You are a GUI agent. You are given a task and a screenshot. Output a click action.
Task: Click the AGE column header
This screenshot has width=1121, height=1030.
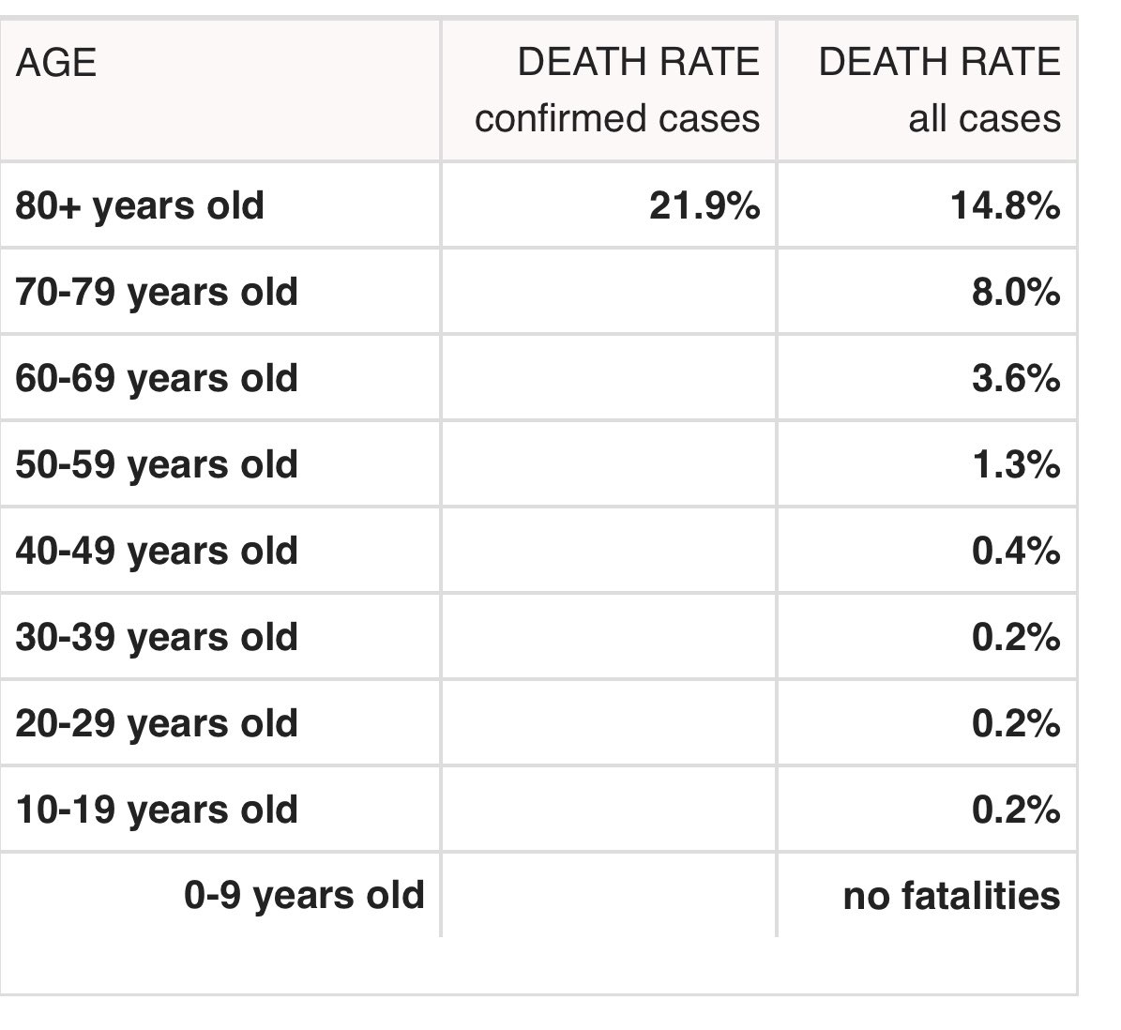[x=55, y=64]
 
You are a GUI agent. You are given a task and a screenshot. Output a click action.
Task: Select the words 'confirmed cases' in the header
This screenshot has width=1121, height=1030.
[x=616, y=119]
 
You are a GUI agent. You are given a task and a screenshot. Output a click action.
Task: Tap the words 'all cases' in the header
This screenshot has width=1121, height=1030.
[x=984, y=119]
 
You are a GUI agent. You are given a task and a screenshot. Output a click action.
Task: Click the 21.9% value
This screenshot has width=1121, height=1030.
[x=704, y=205]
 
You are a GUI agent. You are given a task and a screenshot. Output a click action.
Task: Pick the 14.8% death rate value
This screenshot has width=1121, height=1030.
[x=1005, y=205]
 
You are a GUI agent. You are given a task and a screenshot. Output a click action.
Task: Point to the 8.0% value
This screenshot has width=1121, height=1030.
[x=1016, y=292]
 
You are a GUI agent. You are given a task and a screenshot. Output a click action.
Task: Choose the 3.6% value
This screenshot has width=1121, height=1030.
[x=1016, y=378]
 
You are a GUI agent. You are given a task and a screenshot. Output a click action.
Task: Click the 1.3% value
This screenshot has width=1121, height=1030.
[x=1016, y=464]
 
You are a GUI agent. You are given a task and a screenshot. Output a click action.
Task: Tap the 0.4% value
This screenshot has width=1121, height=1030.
[x=1016, y=551]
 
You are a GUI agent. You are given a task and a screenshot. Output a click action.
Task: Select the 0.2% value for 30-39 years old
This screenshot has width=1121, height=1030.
[x=1016, y=637]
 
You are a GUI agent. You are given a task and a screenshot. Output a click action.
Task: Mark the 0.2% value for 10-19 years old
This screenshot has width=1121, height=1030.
[x=1016, y=810]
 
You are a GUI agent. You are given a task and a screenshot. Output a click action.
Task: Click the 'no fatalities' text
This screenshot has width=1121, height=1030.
[x=951, y=896]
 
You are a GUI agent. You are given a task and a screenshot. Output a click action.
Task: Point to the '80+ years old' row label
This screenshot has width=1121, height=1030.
[x=140, y=205]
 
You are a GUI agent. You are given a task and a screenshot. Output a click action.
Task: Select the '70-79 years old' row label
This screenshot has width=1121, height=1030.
[x=157, y=292]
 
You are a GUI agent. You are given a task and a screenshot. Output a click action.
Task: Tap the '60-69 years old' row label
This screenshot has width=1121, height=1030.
[x=157, y=378]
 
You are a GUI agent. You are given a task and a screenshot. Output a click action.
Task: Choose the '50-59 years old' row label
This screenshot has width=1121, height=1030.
[x=157, y=464]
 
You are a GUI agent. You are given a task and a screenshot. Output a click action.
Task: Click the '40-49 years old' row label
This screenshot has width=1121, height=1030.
[x=157, y=551]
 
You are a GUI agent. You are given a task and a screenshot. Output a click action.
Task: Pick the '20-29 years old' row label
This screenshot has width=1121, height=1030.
[x=157, y=723]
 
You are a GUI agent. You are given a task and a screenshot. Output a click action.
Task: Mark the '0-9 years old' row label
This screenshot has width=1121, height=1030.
[x=304, y=896]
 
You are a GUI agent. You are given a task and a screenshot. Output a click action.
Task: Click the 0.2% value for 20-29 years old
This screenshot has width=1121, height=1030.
[x=1016, y=723]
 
